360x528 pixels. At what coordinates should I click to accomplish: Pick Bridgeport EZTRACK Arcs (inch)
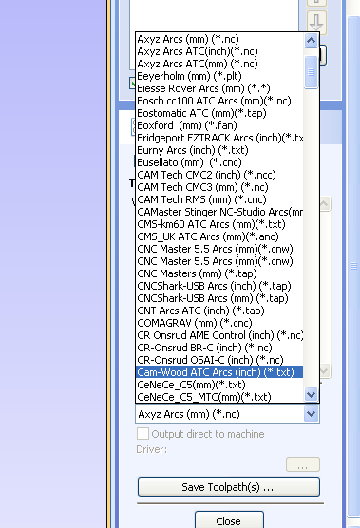[218, 138]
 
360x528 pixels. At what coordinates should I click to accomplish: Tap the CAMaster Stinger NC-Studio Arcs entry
[218, 212]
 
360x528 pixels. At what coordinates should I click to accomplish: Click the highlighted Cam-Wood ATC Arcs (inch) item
[215, 372]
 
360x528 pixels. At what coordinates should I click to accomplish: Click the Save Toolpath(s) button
[228, 486]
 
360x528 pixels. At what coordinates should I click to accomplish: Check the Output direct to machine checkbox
[143, 434]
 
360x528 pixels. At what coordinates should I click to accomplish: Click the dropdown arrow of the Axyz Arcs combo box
[310, 414]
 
